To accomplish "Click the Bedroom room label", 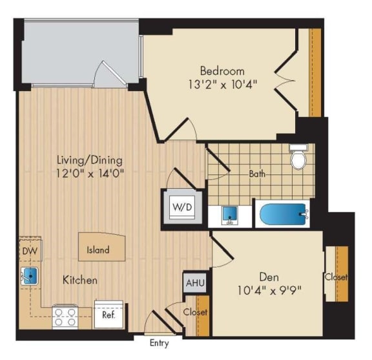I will pos(222,70).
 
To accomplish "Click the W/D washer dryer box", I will pos(180,207).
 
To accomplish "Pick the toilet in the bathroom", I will pos(298,157).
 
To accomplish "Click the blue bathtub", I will pos(283,214).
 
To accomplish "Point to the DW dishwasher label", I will pos(29,250).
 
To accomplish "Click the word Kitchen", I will pos(80,281).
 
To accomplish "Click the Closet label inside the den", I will pos(336,277).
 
